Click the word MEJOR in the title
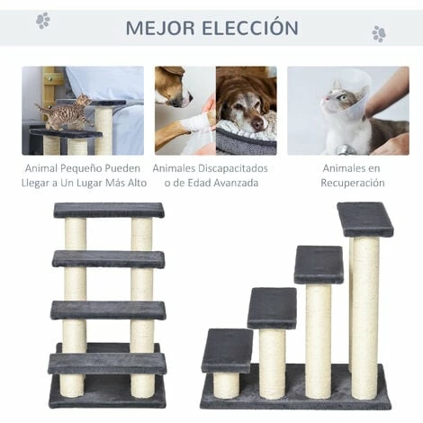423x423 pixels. (157, 27)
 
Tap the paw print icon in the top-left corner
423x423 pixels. (42, 20)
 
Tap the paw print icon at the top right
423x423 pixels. (379, 33)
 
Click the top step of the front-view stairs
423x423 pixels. (108, 210)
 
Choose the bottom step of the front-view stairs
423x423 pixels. (107, 363)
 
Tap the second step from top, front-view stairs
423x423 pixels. (108, 259)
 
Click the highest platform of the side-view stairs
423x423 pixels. (364, 219)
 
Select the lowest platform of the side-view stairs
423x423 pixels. (227, 349)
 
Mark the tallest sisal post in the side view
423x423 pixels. (364, 315)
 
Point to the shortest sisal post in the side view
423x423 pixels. (227, 384)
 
